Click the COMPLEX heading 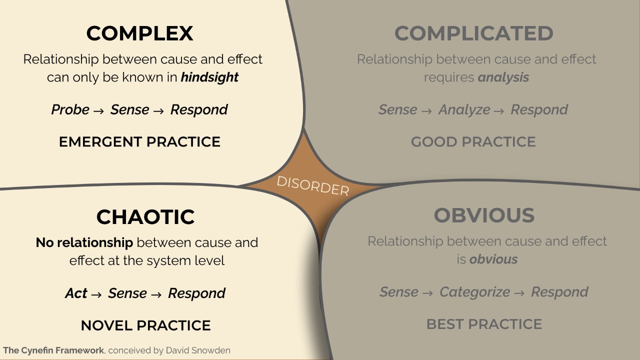(x=139, y=33)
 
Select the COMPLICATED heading (x=473, y=33)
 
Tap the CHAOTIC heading (x=145, y=217)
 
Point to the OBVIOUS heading (x=484, y=215)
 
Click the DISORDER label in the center (x=313, y=185)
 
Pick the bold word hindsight (x=209, y=77)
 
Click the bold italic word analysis (x=503, y=77)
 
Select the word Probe (x=70, y=110)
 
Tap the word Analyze (x=464, y=110)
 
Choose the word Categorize (x=474, y=292)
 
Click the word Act (x=76, y=293)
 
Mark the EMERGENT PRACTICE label (x=139, y=142)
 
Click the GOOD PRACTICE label (x=473, y=142)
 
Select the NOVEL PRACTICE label (x=145, y=325)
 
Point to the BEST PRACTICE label (x=484, y=324)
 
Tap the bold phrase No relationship (x=84, y=243)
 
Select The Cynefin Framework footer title (x=53, y=350)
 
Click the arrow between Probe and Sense (x=99, y=111)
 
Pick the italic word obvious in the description (x=493, y=259)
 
